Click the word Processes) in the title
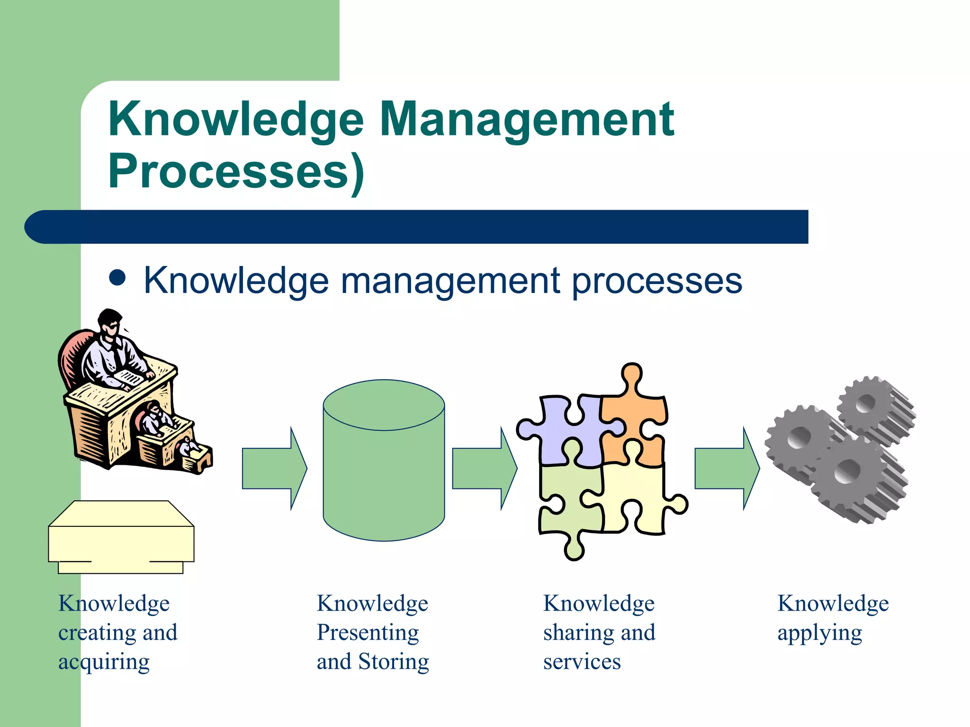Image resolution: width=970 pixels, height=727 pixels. coord(236,171)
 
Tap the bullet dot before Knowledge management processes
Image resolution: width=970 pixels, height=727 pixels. coord(117,278)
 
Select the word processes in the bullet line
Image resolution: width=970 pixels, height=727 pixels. coord(657,281)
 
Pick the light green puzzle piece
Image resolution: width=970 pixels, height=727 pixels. coord(568,502)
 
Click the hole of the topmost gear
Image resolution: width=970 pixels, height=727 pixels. coord(866,403)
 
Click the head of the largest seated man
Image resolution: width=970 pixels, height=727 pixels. coord(110,324)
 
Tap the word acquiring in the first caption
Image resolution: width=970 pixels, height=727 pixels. coord(104,662)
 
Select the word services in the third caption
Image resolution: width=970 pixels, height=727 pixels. coord(582,662)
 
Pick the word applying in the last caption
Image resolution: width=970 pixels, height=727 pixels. coord(819,633)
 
